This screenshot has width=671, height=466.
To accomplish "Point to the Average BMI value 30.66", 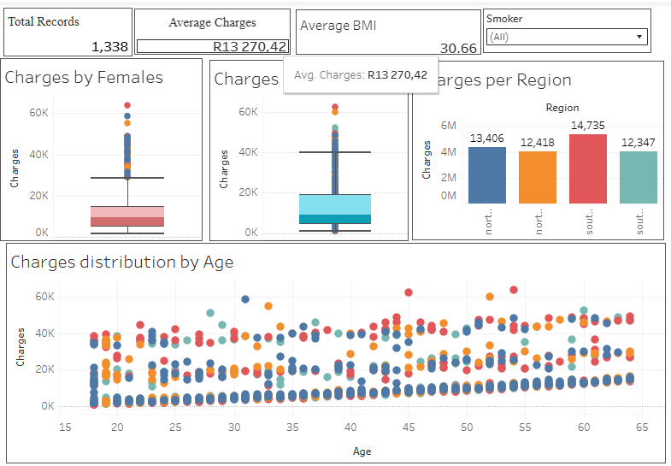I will point(458,48).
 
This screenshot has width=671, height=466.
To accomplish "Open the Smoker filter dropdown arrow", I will point(639,37).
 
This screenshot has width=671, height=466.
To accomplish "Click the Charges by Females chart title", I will point(84,78).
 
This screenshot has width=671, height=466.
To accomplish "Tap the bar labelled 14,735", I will point(587,169).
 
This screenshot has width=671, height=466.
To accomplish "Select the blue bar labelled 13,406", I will point(487,175).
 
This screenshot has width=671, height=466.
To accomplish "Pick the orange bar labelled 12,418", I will point(538,178).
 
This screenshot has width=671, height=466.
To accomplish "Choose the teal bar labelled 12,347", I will point(639,178).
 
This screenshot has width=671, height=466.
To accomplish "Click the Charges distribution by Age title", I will point(121,262).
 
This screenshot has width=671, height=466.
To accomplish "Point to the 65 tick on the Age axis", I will point(642,427).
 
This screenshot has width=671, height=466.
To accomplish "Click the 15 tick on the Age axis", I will point(64,427).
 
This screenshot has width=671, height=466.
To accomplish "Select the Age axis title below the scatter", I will point(362,451).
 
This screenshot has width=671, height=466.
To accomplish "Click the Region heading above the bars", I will point(562,108).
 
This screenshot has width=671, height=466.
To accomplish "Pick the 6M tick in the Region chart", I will point(448,125).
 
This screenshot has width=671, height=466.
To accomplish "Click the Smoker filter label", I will point(504,18).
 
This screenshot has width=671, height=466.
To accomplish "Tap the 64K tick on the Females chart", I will point(39,113).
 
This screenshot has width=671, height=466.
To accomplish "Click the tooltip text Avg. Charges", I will point(329,75).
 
